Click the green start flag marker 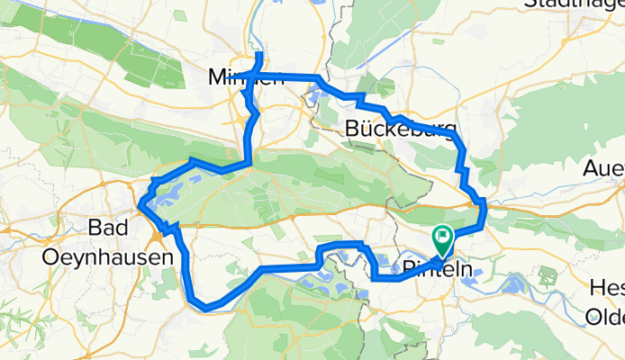(x=442, y=239)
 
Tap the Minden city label (x=246, y=76)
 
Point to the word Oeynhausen (x=107, y=256)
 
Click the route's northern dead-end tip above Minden (x=259, y=55)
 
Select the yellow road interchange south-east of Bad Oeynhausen (x=160, y=236)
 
